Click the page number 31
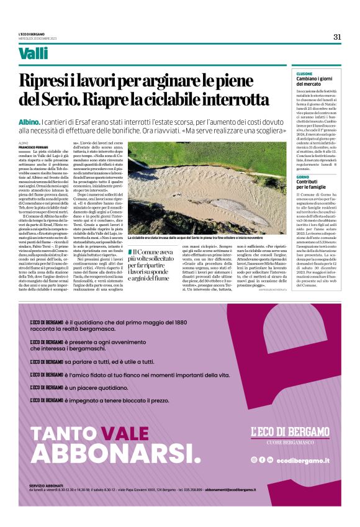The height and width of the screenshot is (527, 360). (337, 37)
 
